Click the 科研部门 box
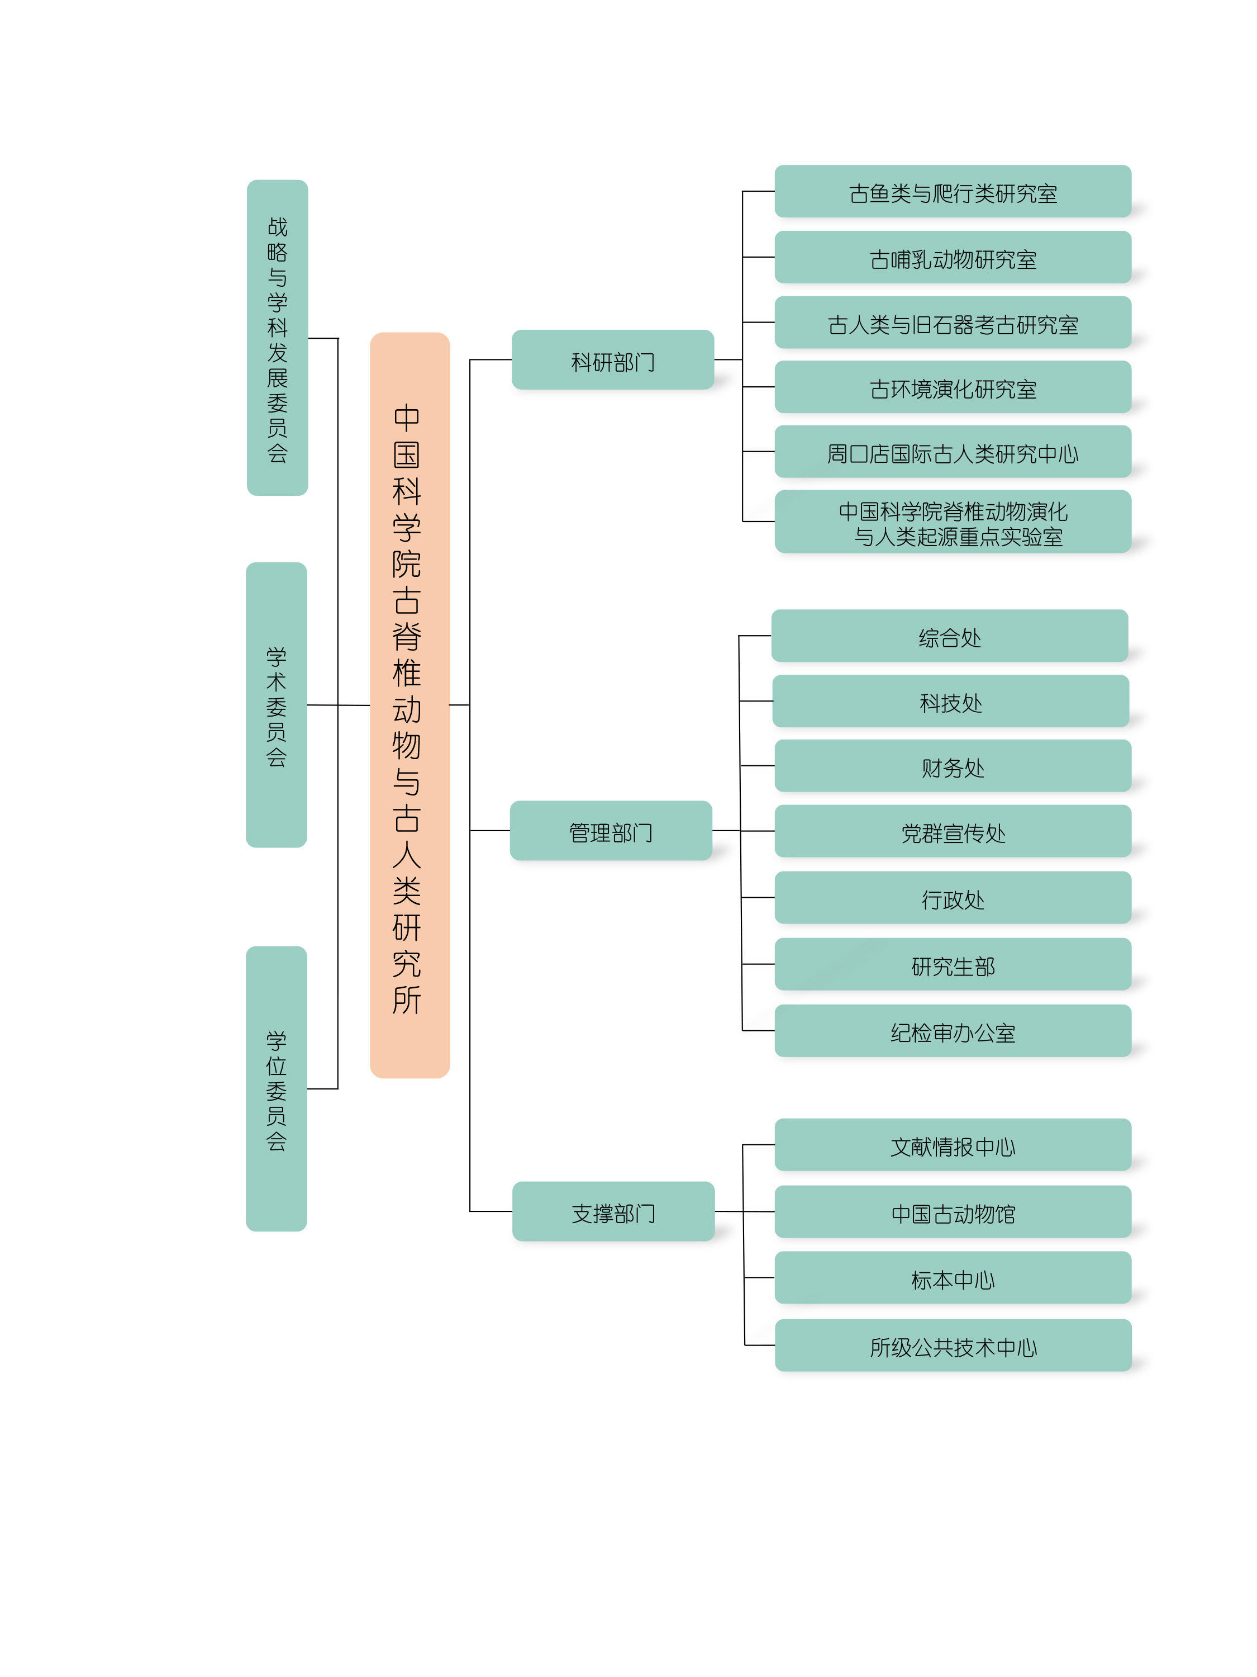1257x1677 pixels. [612, 360]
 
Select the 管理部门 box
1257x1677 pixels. [611, 831]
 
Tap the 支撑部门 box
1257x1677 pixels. [613, 1211]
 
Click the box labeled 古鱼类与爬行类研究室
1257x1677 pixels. [953, 192]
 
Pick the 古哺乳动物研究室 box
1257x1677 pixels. [953, 258]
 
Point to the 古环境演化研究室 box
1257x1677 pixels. [953, 387]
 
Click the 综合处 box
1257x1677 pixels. [949, 636]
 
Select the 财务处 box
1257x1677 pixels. [953, 766]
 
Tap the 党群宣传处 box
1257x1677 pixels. [953, 832]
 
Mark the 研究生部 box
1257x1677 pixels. [953, 964]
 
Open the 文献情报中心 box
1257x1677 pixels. [953, 1145]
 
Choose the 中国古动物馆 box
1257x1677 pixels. [953, 1212]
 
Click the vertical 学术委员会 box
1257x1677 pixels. [276, 705]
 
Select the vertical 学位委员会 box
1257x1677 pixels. [276, 1089]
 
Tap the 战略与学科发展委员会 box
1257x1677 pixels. [277, 338]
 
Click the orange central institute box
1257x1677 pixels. [409, 705]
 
